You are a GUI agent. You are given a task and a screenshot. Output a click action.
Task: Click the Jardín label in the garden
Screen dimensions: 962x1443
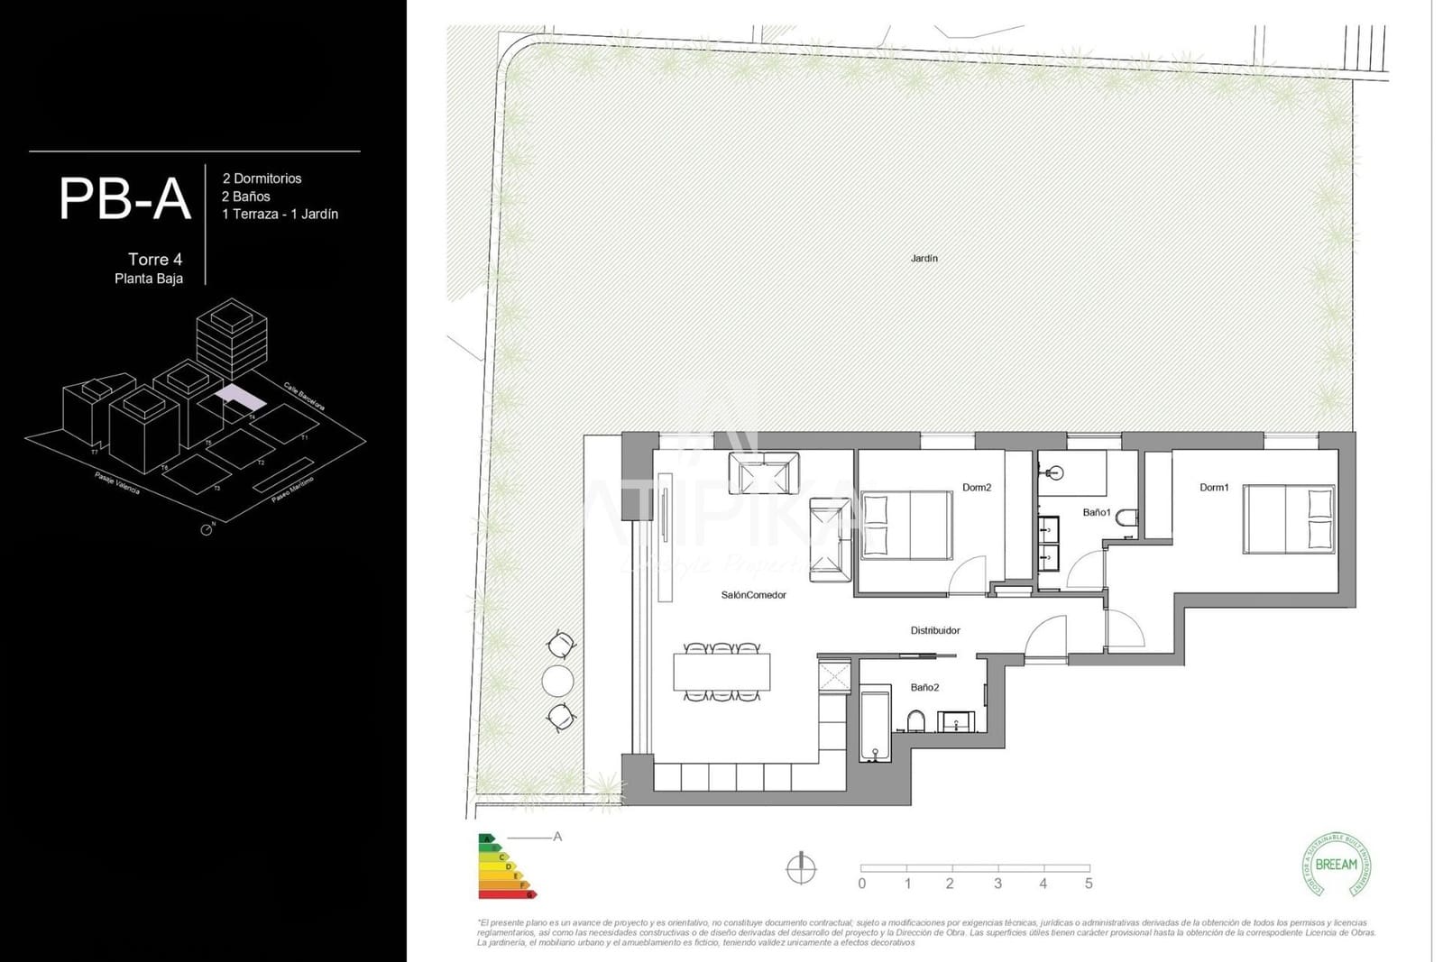pyautogui.click(x=924, y=259)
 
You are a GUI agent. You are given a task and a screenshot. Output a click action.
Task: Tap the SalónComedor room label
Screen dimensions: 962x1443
pyautogui.click(x=753, y=595)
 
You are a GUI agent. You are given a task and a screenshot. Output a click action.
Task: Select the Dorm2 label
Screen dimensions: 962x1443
pyautogui.click(x=976, y=488)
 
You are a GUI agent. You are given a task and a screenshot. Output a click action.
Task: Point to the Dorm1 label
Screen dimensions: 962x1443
pyautogui.click(x=1213, y=488)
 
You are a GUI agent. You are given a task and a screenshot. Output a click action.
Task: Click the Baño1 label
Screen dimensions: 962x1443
pyautogui.click(x=1096, y=512)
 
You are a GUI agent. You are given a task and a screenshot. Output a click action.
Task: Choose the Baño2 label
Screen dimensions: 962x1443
pyautogui.click(x=924, y=687)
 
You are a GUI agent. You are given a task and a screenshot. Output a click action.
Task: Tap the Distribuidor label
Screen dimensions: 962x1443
pyautogui.click(x=934, y=630)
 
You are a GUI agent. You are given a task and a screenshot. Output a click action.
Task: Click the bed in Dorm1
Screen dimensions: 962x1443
pyautogui.click(x=1288, y=518)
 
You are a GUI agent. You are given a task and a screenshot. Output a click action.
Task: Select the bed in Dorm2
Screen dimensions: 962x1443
pyautogui.click(x=906, y=525)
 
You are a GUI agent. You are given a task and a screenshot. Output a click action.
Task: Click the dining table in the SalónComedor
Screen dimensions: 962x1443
pyautogui.click(x=721, y=672)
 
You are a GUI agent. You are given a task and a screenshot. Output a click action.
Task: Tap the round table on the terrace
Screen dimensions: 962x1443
pyautogui.click(x=557, y=680)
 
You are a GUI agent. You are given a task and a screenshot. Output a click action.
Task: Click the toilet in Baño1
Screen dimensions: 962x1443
pyautogui.click(x=1126, y=518)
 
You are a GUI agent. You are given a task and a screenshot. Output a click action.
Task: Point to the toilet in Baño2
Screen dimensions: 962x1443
pyautogui.click(x=915, y=720)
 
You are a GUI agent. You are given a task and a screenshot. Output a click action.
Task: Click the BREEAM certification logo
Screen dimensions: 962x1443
pyautogui.click(x=1336, y=865)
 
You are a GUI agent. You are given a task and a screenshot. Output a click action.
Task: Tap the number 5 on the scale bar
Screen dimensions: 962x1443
pyautogui.click(x=1089, y=884)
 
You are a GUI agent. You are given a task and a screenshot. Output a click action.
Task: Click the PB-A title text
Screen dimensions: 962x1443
pyautogui.click(x=124, y=199)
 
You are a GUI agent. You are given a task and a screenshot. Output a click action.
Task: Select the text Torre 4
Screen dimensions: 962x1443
pyautogui.click(x=155, y=260)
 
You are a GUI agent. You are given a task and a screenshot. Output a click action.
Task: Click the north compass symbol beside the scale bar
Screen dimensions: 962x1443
pyautogui.click(x=801, y=868)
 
